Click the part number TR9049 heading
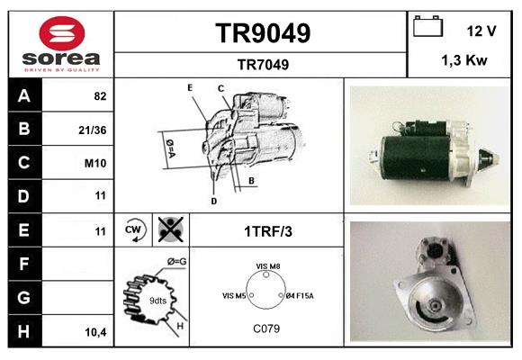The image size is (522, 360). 263,33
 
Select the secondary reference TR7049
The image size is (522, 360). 263,65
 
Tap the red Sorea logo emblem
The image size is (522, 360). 62,33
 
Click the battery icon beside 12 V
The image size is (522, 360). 427,26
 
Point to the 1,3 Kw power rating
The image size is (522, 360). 464,60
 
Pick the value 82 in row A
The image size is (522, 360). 100,96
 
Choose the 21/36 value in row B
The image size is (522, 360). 93,130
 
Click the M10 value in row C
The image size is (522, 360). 95,163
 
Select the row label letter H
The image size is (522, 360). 24,331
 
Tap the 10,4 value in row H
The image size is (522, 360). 96,332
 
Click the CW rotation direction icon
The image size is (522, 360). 134,229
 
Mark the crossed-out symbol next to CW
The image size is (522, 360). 170,229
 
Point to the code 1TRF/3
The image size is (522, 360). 268,231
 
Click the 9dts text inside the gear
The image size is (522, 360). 157,301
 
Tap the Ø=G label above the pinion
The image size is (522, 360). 176,262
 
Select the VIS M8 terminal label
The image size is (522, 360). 268,266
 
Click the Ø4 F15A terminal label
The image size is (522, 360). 300,296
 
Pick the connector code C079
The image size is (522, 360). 266,328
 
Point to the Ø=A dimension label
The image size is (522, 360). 170,148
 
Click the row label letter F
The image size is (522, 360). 24,264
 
